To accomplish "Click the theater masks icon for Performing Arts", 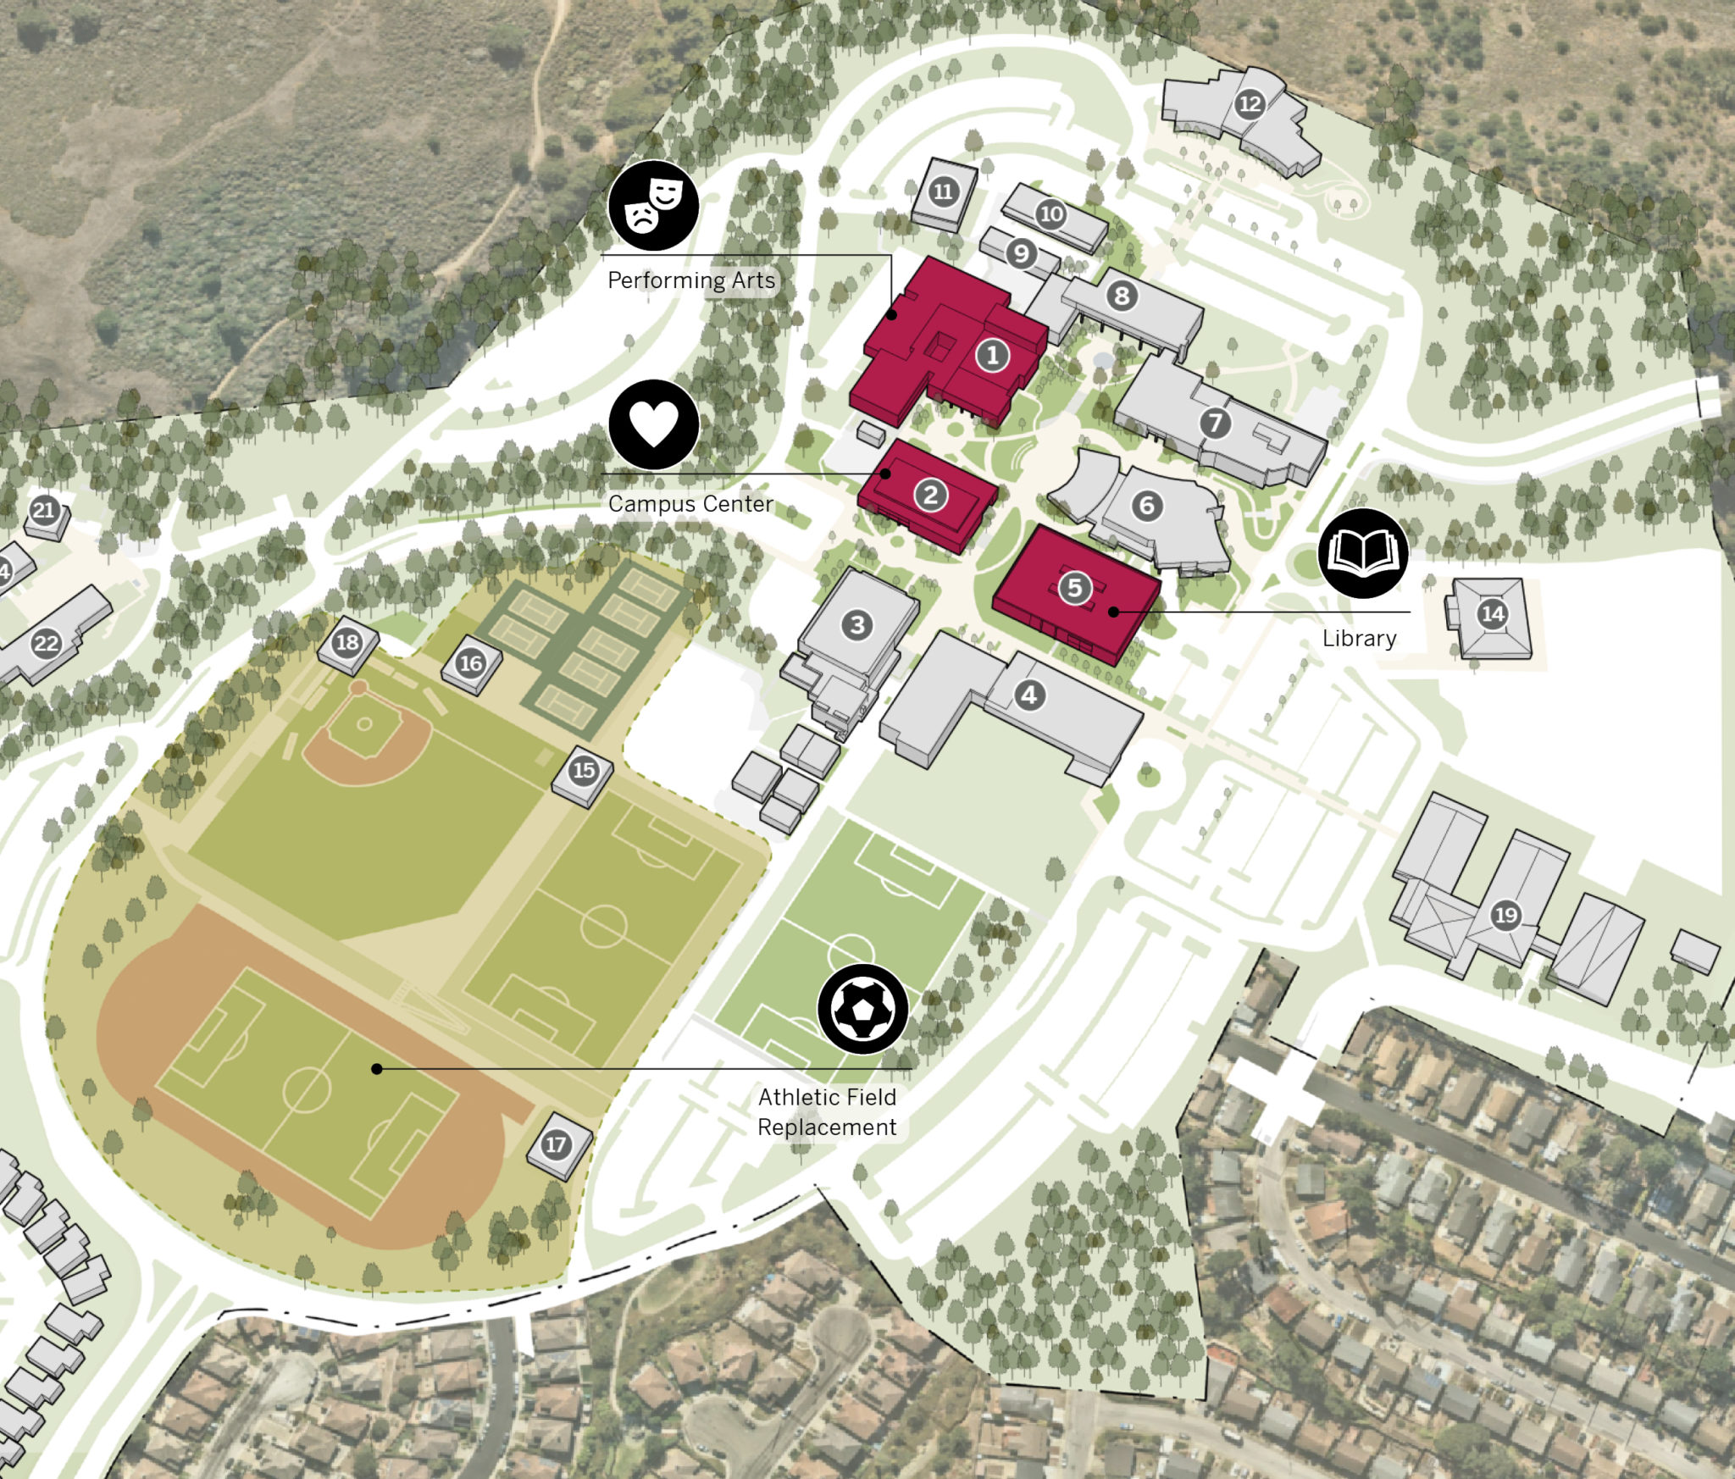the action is point(653,205).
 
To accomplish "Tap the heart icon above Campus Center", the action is point(653,424).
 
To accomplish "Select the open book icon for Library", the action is point(1362,553).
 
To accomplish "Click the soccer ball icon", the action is point(862,1009).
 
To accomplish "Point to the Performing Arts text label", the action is point(691,280).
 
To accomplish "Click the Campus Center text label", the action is point(690,504).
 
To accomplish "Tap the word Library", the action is point(1359,639).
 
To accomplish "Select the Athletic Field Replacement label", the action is point(827,1112).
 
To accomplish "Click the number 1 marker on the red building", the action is point(992,355).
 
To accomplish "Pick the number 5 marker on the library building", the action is point(1075,587).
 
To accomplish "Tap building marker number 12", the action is point(1250,104).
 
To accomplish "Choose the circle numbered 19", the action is point(1505,916).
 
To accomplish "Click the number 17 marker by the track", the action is point(555,1145).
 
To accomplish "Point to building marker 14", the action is point(1493,614).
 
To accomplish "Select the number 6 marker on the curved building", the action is point(1147,506).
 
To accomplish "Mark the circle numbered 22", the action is point(46,644).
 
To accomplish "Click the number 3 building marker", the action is point(857,625).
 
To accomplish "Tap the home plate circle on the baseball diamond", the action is point(364,724).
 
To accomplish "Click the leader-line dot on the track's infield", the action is point(377,1069).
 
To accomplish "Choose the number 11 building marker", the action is point(943,191).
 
